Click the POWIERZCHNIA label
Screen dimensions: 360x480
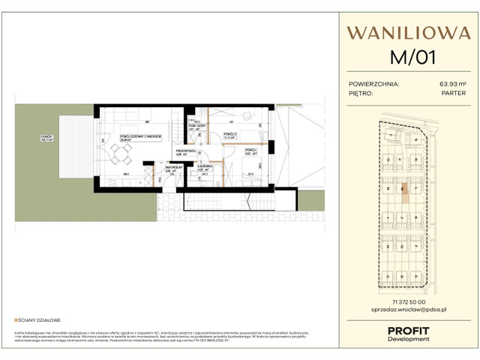(374, 84)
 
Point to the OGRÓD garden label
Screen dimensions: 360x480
(46, 137)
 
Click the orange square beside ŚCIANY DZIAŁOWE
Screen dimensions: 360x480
(16, 319)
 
